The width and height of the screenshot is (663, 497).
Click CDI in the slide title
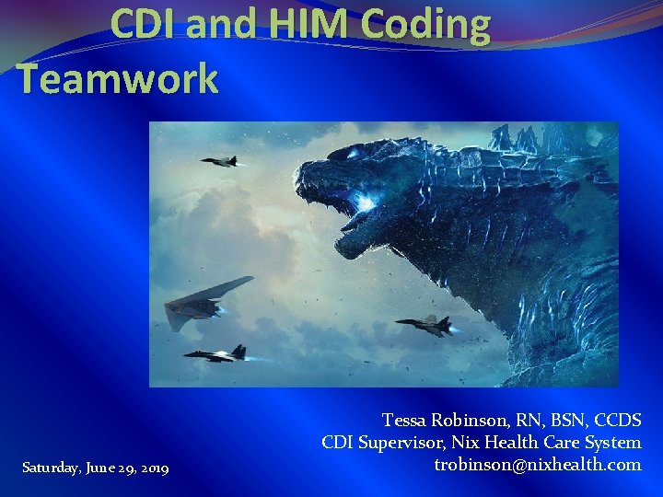[x=144, y=26]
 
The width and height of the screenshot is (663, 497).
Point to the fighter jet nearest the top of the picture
[x=220, y=162]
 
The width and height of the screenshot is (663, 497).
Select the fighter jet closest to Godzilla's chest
[x=425, y=323]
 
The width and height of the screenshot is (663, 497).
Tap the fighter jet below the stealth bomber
[x=217, y=353]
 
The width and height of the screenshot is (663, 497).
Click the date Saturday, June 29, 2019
[x=95, y=469]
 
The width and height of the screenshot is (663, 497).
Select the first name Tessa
[x=406, y=421]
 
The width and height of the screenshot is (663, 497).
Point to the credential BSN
[x=564, y=421]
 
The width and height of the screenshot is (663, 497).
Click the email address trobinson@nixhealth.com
[x=537, y=465]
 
